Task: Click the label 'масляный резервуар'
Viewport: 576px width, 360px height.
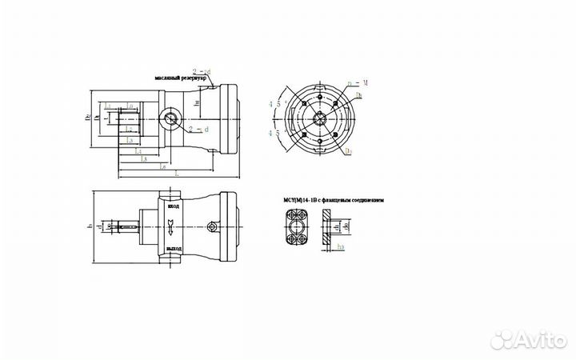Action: point(182,78)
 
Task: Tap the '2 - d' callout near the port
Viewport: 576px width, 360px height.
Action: point(198,127)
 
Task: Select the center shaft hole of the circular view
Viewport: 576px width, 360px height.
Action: point(319,119)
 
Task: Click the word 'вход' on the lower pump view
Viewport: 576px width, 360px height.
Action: point(172,206)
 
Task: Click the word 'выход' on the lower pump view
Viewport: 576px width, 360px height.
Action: point(172,250)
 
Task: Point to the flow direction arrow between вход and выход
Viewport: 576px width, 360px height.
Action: point(172,229)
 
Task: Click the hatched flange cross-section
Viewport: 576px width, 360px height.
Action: point(328,228)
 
